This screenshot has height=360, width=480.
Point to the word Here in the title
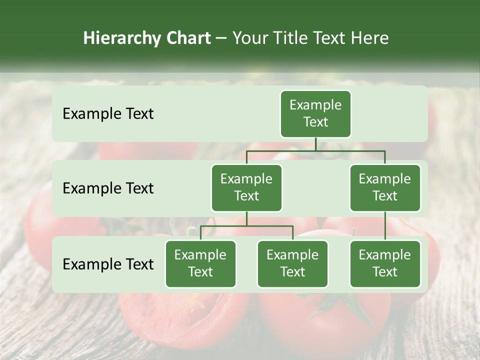point(370,38)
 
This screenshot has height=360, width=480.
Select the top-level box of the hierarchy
point(315,113)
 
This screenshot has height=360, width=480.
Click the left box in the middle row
point(246,187)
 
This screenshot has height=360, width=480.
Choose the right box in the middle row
point(385,187)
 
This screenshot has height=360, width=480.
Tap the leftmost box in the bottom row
point(200,263)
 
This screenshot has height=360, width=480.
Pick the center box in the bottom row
point(292,263)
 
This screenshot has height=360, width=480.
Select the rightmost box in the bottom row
point(385,263)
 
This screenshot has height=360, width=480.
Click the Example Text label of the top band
point(108,113)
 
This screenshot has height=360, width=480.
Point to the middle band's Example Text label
point(108,188)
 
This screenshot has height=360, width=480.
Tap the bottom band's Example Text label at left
point(108,264)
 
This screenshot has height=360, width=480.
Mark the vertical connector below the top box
point(315,144)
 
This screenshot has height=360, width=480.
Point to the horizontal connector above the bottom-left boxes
point(246,226)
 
